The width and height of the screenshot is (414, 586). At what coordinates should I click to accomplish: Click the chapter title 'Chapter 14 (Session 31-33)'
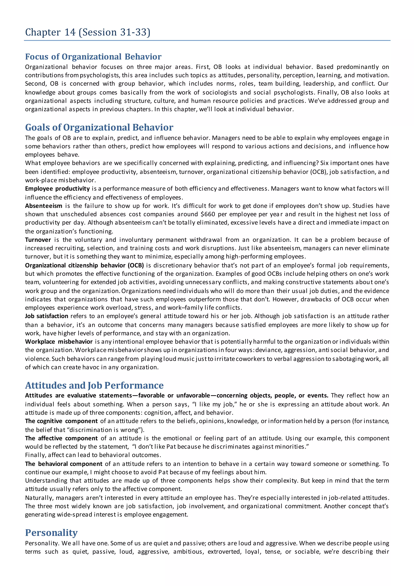point(88,32)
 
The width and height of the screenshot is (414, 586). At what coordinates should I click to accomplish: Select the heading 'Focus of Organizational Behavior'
point(93,57)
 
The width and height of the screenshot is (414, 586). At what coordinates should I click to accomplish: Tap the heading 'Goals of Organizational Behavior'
point(99,127)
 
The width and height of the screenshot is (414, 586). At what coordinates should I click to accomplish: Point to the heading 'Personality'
point(51,533)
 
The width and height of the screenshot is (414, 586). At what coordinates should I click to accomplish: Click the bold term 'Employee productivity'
point(57,189)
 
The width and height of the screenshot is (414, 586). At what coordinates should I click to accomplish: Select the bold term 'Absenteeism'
point(44,206)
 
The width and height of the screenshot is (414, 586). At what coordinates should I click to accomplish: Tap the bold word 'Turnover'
point(38,240)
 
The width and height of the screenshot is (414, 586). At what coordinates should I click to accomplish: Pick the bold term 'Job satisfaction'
point(47,316)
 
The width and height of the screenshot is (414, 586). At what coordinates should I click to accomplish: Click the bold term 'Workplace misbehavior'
point(59,342)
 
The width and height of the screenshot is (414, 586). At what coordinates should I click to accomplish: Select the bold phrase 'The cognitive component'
point(61,421)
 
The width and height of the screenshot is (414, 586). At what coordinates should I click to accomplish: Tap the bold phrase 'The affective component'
point(61,438)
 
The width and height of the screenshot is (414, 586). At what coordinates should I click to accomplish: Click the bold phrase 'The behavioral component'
point(64,464)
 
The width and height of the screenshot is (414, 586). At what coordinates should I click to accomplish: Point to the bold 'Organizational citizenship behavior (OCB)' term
point(84,265)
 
